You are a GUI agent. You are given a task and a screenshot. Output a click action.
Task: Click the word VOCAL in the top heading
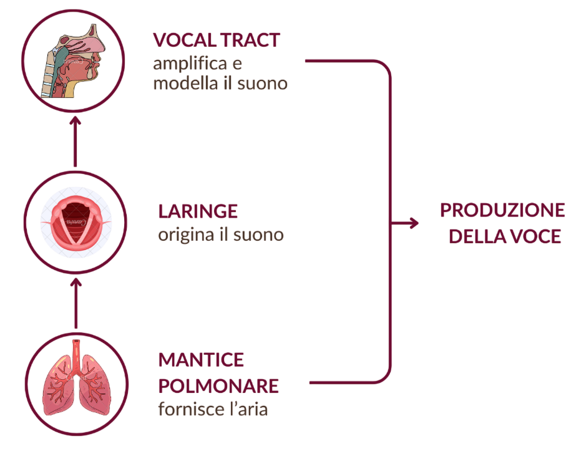tap(181, 41)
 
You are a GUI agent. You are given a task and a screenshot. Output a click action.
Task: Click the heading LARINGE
tap(198, 211)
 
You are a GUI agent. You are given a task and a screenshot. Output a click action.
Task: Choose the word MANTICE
tap(201, 360)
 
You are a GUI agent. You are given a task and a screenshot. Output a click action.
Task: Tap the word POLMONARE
tap(218, 385)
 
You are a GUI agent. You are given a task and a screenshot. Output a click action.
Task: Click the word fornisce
tap(185, 410)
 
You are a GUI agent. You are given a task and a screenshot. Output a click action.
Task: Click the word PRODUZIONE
tap(502, 210)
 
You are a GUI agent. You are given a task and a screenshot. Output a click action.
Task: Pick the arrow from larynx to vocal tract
tap(76, 140)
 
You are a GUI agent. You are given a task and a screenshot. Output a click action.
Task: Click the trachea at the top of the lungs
tap(76, 352)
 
